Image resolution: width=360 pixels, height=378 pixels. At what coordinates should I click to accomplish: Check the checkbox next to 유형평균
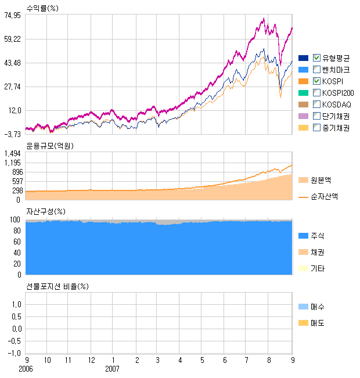316,57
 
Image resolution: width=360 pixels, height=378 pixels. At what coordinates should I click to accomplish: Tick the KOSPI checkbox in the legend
316,81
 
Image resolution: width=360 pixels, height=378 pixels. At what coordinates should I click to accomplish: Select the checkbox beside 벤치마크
316,69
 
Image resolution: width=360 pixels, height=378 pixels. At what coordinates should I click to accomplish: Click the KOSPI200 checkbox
316,93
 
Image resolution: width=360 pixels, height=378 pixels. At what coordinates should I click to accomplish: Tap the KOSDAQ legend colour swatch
303,105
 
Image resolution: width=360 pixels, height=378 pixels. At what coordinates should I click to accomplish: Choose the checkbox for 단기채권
316,116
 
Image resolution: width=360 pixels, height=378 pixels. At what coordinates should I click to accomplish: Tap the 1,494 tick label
13,153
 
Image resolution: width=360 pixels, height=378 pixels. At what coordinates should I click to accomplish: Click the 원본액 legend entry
321,181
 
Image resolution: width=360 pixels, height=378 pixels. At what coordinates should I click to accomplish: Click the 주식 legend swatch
303,236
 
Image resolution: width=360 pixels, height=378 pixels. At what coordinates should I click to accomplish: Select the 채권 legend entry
317,252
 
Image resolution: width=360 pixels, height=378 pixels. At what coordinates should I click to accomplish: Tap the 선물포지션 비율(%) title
57,286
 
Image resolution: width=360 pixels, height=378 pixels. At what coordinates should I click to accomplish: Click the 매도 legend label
317,322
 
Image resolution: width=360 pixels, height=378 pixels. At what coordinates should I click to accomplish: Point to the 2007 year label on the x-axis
112,369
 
